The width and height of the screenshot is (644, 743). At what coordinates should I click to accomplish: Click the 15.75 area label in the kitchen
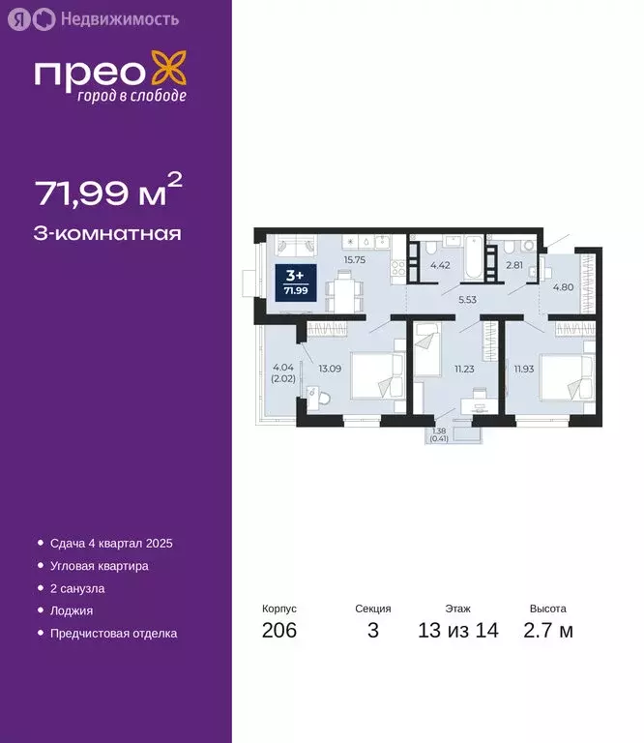(x=356, y=259)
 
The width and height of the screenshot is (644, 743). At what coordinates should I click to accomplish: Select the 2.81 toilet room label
(x=514, y=262)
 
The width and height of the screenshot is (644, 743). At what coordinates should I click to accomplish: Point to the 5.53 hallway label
(x=468, y=301)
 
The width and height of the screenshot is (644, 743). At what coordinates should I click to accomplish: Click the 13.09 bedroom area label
(x=331, y=367)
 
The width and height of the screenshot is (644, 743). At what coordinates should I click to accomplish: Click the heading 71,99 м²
(x=109, y=193)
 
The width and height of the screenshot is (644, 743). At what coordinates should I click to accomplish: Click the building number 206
(x=279, y=632)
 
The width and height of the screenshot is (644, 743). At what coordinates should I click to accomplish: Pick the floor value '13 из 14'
(x=457, y=632)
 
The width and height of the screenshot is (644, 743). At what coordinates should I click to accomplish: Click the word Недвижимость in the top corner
(x=118, y=18)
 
